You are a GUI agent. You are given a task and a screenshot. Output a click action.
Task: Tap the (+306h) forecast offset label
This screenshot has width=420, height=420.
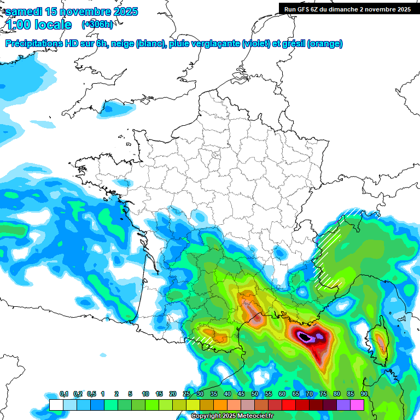[97, 25]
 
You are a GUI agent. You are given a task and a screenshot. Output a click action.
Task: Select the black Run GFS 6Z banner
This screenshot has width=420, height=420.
[347, 9]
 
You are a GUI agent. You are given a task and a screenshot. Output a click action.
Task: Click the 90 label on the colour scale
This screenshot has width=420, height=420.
[364, 394]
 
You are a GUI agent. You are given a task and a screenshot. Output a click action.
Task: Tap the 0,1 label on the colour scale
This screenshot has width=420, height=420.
[64, 394]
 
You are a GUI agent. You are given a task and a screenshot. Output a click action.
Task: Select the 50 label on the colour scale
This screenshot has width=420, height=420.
[255, 394]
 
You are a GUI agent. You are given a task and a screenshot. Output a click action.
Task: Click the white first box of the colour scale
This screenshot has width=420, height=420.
[56, 405]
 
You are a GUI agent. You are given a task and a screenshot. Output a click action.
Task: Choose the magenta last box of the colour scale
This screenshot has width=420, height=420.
[357, 405]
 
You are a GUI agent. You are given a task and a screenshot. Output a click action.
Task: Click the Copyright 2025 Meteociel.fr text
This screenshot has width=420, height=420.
[232, 416]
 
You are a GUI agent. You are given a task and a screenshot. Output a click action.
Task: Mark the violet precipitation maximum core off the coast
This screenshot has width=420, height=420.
[308, 337]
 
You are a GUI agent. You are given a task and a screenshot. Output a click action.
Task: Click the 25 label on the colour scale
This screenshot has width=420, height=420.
[186, 394]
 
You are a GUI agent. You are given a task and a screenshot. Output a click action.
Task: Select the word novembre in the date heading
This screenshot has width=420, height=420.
[83, 11]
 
